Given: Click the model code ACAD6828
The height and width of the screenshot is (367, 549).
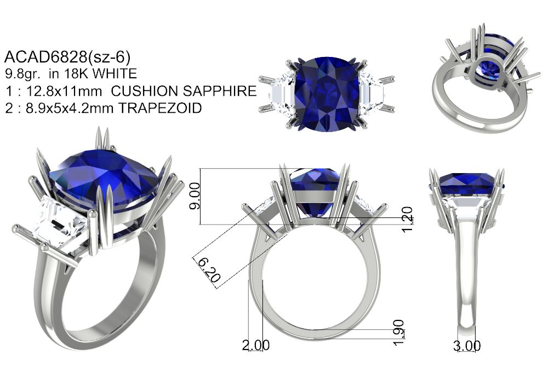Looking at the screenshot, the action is (x=45, y=57).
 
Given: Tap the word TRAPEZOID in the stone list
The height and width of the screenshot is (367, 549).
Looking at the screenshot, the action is (x=159, y=108).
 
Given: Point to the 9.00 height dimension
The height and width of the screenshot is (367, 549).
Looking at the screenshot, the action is (x=195, y=196).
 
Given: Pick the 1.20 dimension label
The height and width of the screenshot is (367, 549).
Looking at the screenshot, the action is (x=407, y=220).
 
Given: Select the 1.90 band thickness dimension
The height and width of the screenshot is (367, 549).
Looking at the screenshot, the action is (x=399, y=332).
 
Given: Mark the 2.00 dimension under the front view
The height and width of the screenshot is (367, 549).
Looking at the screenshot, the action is (x=256, y=345).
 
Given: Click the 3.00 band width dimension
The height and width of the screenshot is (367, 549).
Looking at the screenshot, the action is (x=467, y=346).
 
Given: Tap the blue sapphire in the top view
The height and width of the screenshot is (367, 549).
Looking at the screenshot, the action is (x=327, y=94).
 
